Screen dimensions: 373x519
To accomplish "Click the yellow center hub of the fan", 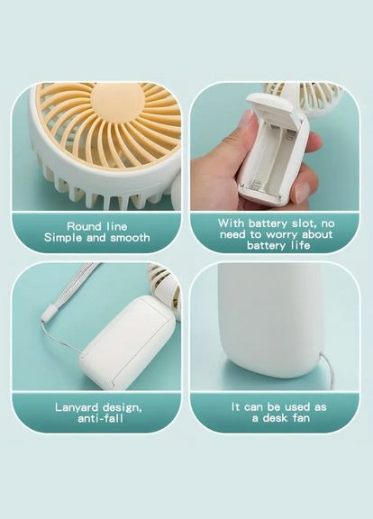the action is pyautogui.click(x=117, y=100).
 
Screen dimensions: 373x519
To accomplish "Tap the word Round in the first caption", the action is pyautogui.click(x=84, y=226).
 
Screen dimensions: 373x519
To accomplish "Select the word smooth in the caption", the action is pyautogui.click(x=130, y=238).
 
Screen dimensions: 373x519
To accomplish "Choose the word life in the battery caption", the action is pyautogui.click(x=301, y=246).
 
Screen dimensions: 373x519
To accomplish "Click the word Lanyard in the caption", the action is pyautogui.click(x=77, y=407).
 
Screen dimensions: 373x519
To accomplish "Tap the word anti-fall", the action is pyautogui.click(x=100, y=418).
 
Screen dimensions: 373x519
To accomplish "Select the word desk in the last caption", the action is pyautogui.click(x=275, y=418).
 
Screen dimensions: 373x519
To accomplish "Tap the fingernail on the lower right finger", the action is pyautogui.click(x=302, y=192).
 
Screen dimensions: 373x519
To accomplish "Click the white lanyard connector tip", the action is pyautogui.click(x=49, y=314).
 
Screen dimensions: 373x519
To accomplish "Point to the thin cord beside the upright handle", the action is pyautogui.click(x=326, y=367).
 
